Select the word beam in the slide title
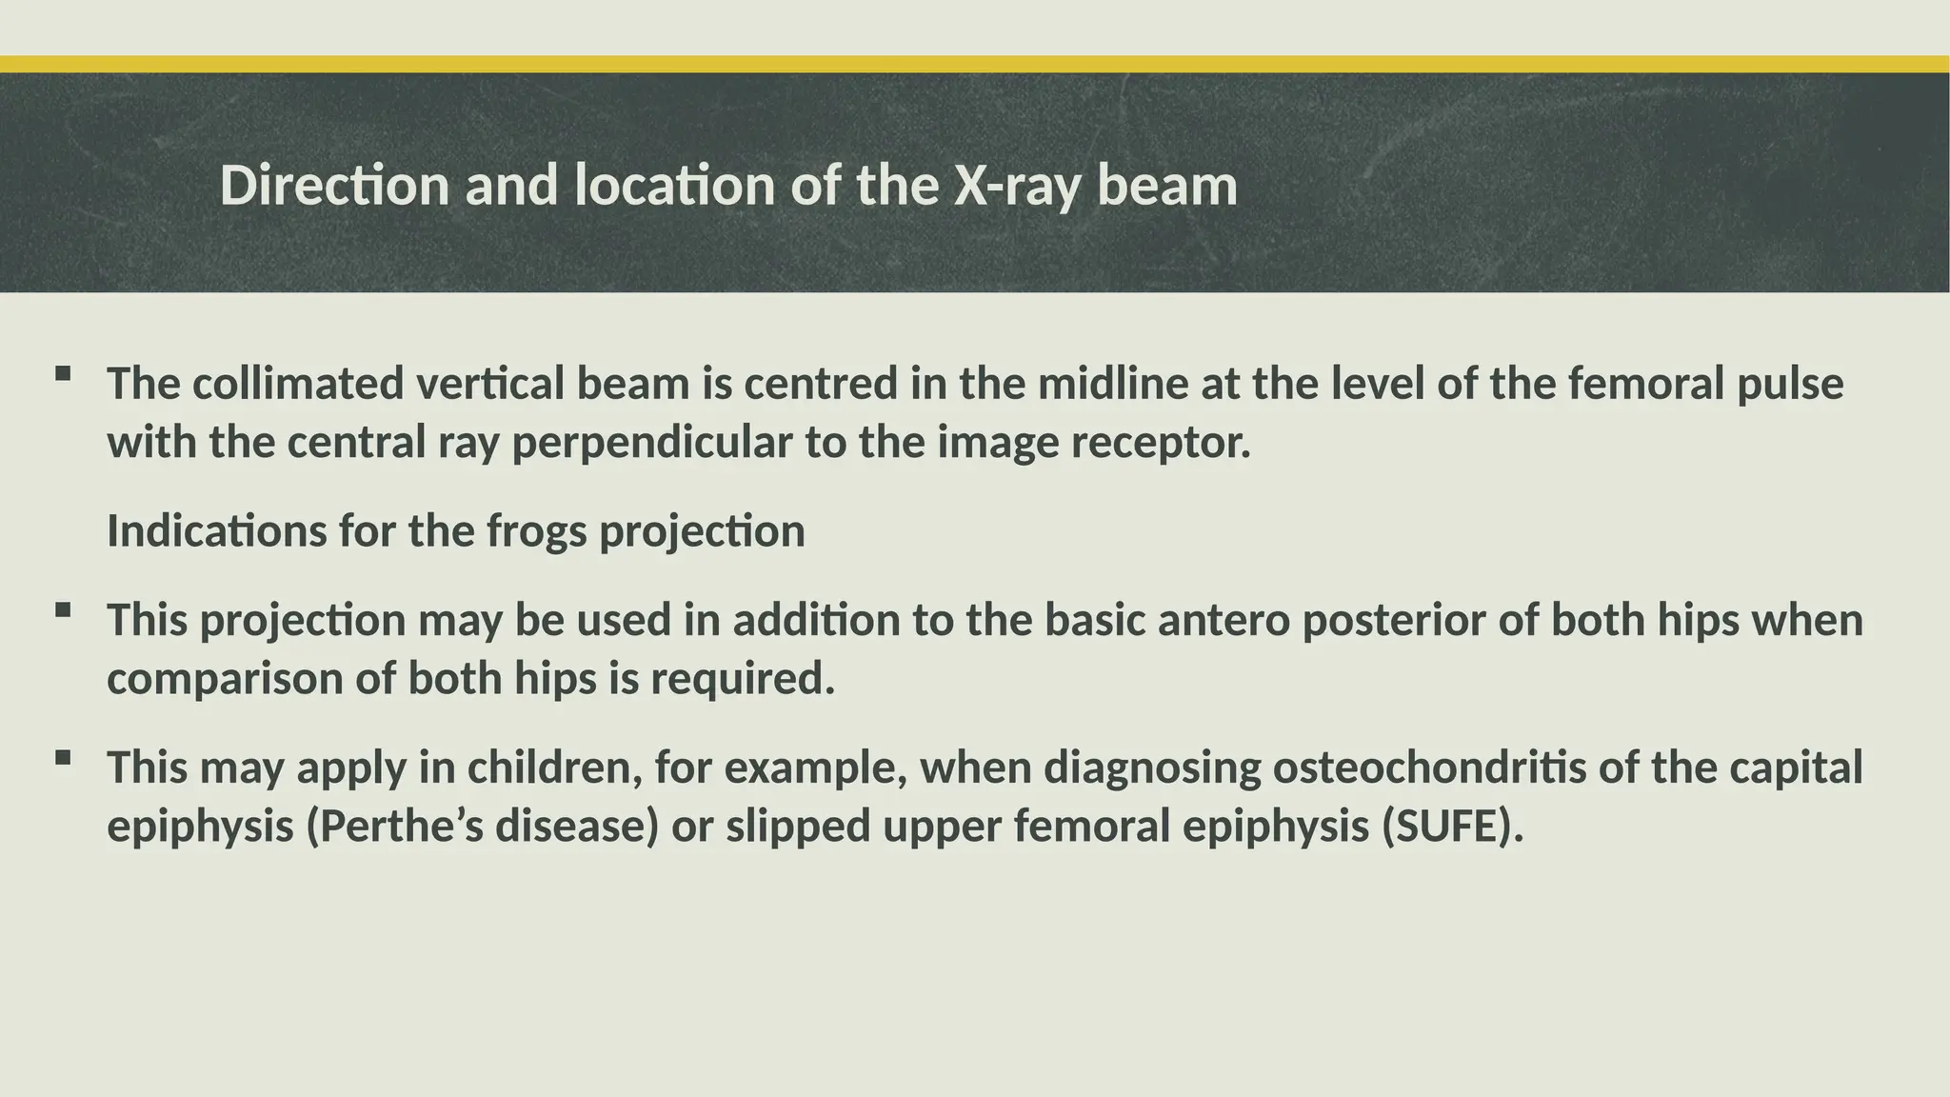(x=1166, y=185)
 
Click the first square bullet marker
(x=63, y=373)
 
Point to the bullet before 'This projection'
(x=63, y=609)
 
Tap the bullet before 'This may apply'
(x=63, y=757)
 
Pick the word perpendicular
(x=651, y=444)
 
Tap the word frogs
(x=536, y=531)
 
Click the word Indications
(x=216, y=531)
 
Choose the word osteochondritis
(x=1429, y=768)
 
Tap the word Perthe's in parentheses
(x=400, y=827)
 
